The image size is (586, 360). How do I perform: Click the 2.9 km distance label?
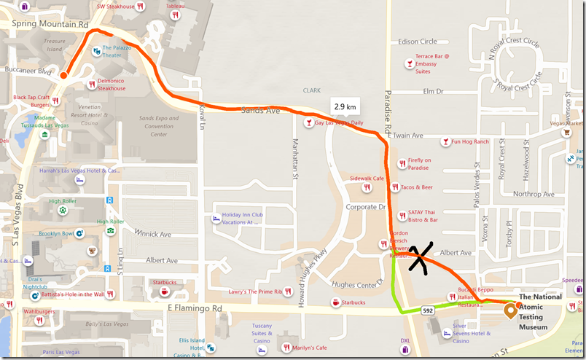345,106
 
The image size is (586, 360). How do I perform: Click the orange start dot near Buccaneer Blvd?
63,75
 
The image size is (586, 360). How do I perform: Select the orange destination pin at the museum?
509,311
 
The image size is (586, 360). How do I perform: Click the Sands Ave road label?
260,111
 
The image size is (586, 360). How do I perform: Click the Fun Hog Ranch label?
469,141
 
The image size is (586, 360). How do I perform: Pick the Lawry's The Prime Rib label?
254,292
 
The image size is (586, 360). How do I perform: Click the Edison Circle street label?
437,42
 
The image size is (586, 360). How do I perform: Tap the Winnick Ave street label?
152,234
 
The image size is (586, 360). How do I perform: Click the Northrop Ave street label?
534,195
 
